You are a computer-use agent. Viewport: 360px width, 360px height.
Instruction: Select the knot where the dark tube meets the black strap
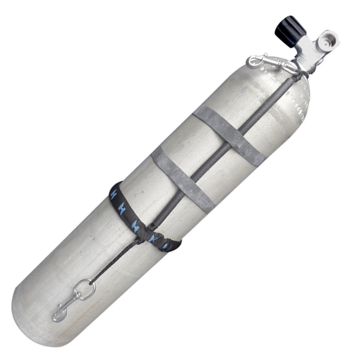coord(154,227)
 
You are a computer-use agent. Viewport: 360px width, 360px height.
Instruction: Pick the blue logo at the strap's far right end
coord(166,246)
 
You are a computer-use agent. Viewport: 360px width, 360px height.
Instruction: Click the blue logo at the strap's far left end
coord(114,190)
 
